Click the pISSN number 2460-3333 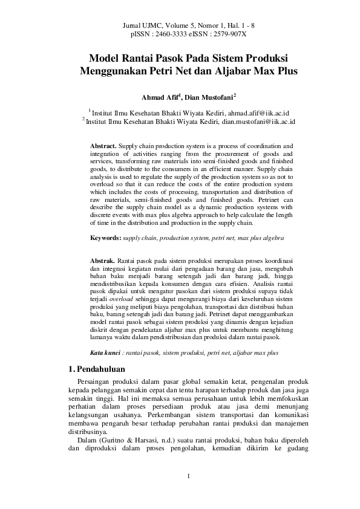[x=171, y=36]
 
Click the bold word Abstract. [x=103, y=146]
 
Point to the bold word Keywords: [x=105, y=239]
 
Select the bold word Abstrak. [x=102, y=260]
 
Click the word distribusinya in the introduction [x=89, y=432]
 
